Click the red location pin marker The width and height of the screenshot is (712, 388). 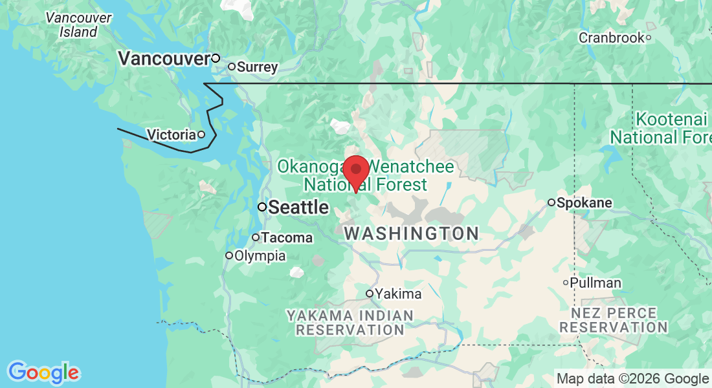[355, 172]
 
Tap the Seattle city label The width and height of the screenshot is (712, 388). [298, 208]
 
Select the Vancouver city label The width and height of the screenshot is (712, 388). [164, 59]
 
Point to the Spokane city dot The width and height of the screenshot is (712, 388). [551, 202]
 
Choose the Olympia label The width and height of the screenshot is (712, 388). [260, 255]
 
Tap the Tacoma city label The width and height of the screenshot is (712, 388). [287, 237]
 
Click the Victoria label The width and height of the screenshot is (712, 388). [172, 135]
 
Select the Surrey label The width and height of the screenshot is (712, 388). [257, 67]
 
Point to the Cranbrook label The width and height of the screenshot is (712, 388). [611, 38]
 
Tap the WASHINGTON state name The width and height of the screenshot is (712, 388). [411, 233]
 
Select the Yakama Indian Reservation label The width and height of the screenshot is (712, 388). [350, 322]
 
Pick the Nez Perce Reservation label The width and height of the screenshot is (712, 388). [613, 319]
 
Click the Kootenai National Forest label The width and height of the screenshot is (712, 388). [660, 128]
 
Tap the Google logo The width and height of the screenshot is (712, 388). [43, 372]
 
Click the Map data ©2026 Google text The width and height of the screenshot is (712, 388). [632, 378]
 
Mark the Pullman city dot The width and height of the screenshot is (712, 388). [566, 282]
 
